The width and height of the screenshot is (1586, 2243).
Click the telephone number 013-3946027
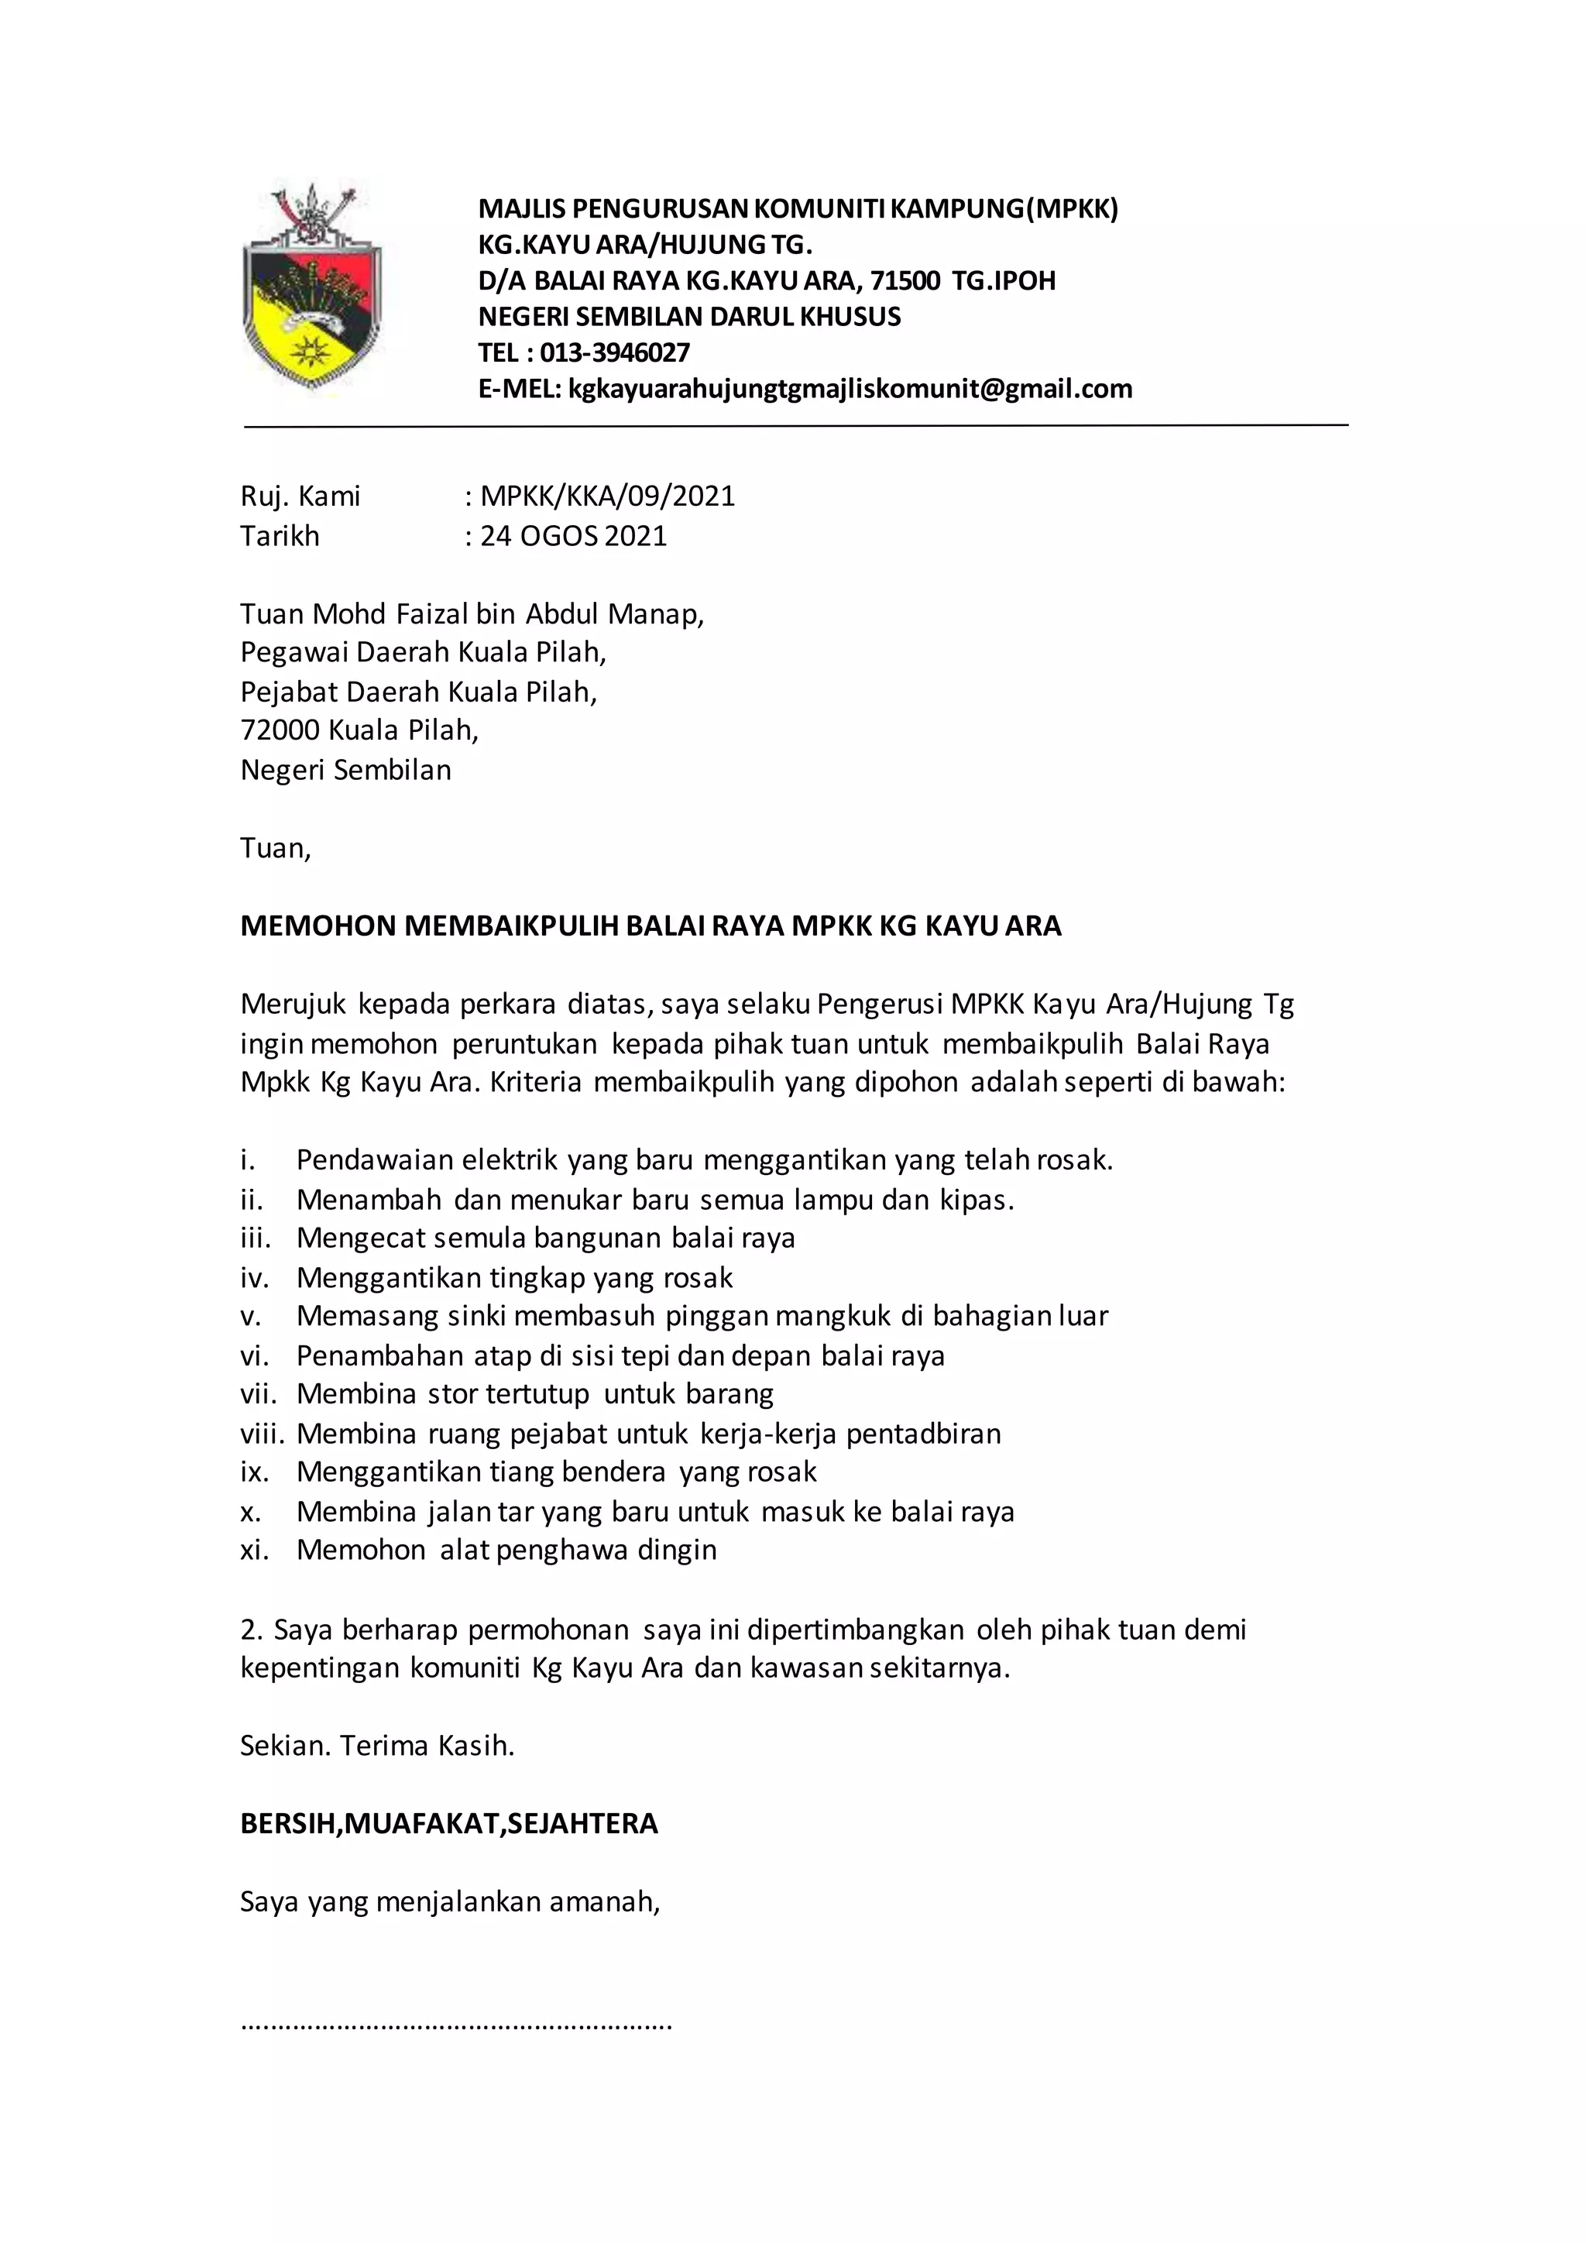[614, 352]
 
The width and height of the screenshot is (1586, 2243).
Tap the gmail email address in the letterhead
[850, 389]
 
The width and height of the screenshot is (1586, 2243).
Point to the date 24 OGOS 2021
[573, 536]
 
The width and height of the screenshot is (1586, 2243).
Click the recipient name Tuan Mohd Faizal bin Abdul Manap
[471, 613]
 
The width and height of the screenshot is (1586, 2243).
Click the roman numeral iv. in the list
[254, 1278]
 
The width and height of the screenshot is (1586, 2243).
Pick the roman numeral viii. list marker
[262, 1434]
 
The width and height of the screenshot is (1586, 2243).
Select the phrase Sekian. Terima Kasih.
[377, 1746]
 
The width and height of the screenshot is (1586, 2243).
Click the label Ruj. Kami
[300, 496]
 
